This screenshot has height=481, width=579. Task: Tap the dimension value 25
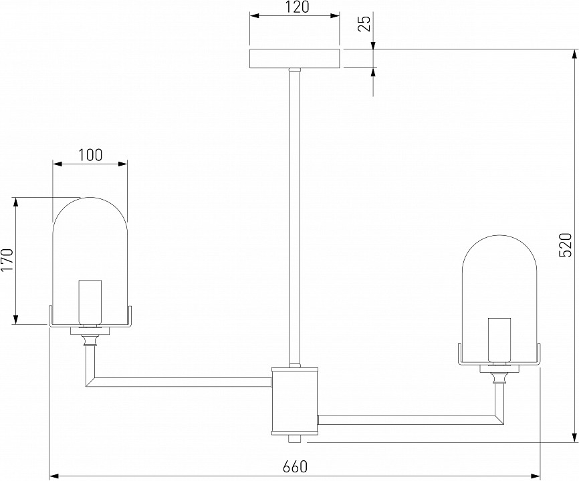pyautogui.click(x=364, y=25)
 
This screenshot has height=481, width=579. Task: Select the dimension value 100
pyautogui.click(x=90, y=155)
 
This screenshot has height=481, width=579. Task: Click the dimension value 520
pyautogui.click(x=566, y=245)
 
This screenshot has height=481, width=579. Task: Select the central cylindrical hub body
pyautogui.click(x=294, y=399)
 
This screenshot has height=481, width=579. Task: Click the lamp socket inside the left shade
pyautogui.click(x=90, y=301)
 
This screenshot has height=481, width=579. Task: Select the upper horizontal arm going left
pyautogui.click(x=181, y=381)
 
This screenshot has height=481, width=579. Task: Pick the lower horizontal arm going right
pyautogui.click(x=408, y=420)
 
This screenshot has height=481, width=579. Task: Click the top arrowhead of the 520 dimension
pyautogui.click(x=574, y=52)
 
